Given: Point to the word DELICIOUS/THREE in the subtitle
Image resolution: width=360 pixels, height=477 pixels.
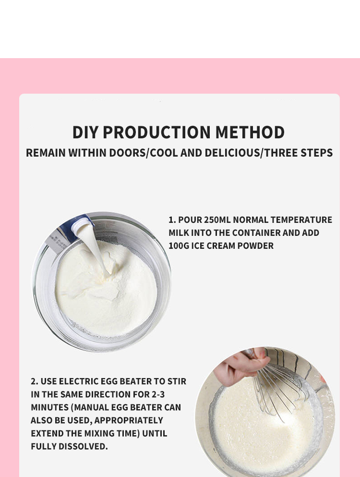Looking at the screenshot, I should click(246, 153).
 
